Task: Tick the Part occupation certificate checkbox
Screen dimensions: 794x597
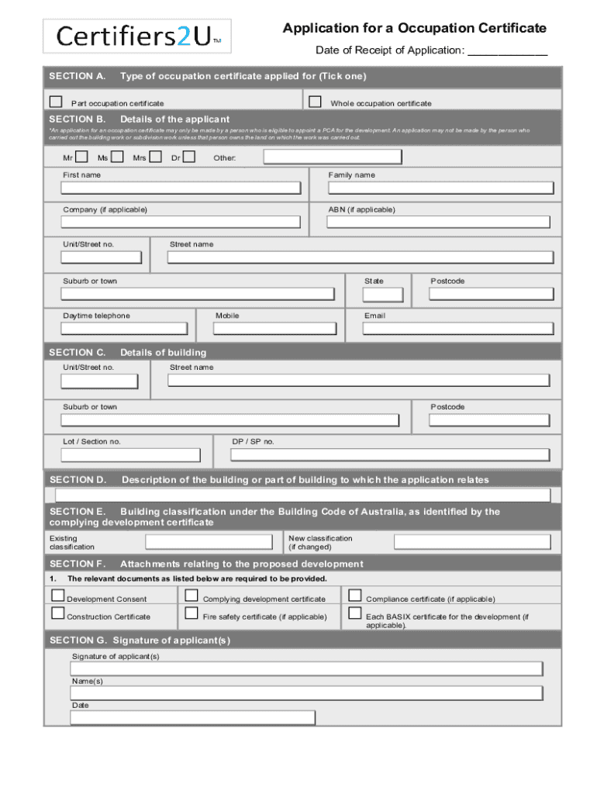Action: (56, 102)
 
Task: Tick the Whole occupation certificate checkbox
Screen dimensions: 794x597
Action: (315, 102)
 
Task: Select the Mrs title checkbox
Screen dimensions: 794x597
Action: (155, 157)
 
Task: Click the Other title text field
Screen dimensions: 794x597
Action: (332, 157)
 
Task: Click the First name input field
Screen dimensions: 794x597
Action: (181, 188)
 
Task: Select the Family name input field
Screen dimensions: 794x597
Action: (440, 188)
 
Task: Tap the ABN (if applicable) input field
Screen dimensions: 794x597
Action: (438, 222)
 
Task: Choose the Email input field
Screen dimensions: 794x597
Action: (457, 329)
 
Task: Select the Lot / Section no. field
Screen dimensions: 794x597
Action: (130, 455)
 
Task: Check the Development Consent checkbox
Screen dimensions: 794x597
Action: (58, 595)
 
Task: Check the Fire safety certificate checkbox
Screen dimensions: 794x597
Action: (192, 613)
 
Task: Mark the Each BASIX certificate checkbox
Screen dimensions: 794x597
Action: (355, 613)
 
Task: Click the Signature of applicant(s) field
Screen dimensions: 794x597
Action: (306, 669)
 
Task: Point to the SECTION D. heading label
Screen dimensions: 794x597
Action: (78, 480)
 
